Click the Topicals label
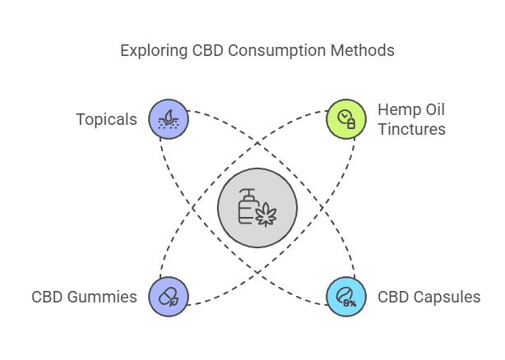[x=106, y=119]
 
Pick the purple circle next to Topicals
[x=169, y=119]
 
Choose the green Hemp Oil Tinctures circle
[x=346, y=119]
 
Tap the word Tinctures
[x=411, y=129]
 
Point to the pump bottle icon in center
[x=247, y=206]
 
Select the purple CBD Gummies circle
[x=169, y=297]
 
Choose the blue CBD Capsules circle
[x=346, y=297]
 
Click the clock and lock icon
[x=346, y=119]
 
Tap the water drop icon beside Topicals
[x=169, y=119]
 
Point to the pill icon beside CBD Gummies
[x=169, y=297]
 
